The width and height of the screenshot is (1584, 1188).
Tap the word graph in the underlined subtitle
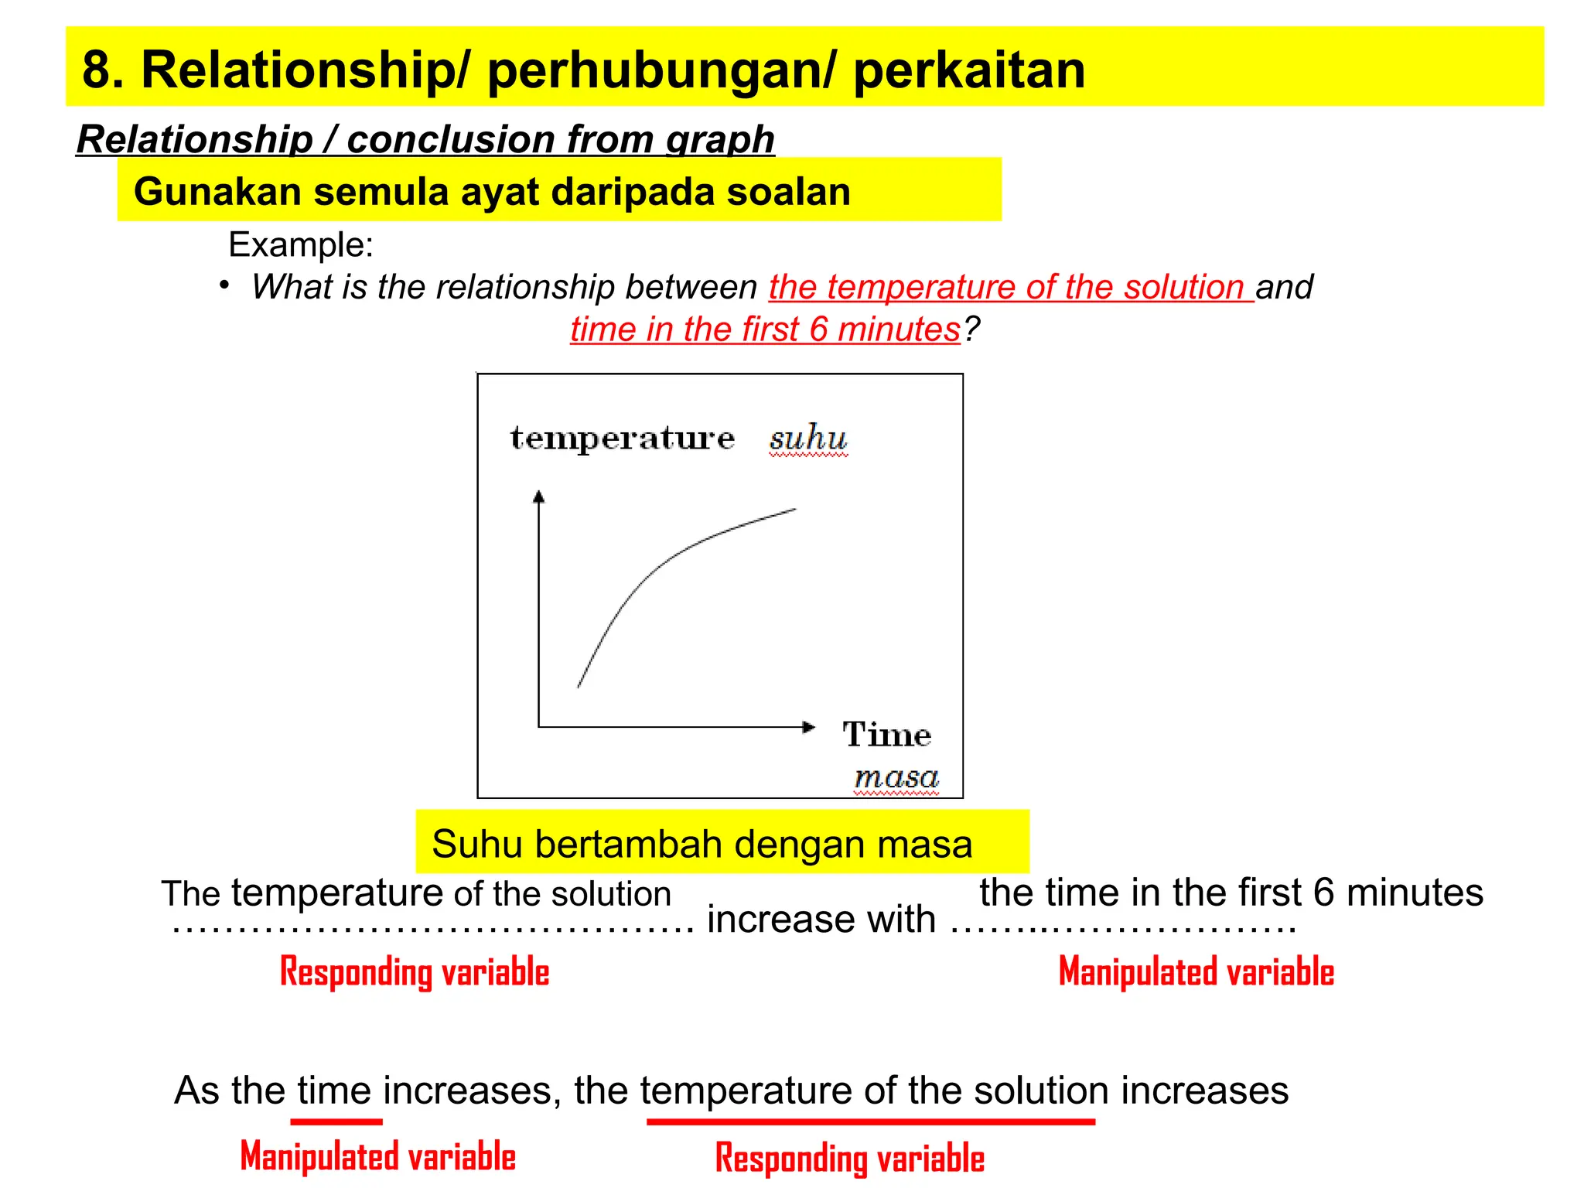click(720, 140)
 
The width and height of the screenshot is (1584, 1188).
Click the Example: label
click(301, 245)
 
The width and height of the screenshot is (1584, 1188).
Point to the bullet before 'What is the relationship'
click(224, 285)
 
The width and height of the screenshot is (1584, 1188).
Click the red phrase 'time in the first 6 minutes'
click(765, 329)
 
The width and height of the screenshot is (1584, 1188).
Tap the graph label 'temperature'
click(623, 439)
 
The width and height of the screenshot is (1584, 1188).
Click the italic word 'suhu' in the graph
click(807, 439)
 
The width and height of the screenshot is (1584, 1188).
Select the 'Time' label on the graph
click(886, 735)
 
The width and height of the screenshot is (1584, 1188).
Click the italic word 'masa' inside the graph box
click(896, 777)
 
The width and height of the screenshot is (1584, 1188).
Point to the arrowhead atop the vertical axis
click(539, 497)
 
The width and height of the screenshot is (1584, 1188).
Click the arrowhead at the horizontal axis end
click(808, 727)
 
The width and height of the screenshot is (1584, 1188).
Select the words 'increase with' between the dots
click(821, 920)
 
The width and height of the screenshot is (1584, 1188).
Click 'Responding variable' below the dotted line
click(415, 972)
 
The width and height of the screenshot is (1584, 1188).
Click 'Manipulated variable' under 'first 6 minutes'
click(1196, 972)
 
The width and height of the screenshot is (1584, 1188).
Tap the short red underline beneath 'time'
click(336, 1121)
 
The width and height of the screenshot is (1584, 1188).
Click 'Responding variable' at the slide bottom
click(849, 1159)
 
